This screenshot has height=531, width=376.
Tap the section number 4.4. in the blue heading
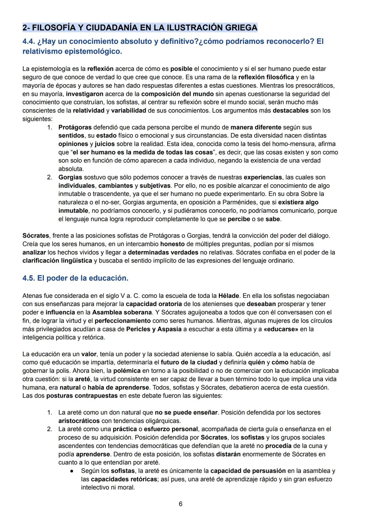pos(30,41)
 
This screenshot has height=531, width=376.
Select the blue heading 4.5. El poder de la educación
pos(75,278)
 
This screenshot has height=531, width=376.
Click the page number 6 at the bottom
pos(180,504)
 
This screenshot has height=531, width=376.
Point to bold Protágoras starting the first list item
pos(75,127)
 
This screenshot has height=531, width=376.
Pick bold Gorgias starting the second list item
pos(70,178)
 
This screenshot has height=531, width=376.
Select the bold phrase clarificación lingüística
pos(57,261)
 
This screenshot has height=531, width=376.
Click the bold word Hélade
pos(228,296)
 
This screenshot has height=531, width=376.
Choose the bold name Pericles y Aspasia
pos(154,329)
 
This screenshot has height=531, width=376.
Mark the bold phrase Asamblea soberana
pos(122,313)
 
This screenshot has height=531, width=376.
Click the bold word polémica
pos(127,371)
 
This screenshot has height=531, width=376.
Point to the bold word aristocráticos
pos(79,421)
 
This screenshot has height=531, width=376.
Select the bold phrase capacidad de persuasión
pos(248,471)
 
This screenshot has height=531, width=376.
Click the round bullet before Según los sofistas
pos(71,471)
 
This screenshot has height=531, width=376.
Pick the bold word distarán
pos(228,454)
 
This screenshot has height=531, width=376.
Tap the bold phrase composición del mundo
pos(177,94)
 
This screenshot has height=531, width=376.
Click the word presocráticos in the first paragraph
pos(314,86)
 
